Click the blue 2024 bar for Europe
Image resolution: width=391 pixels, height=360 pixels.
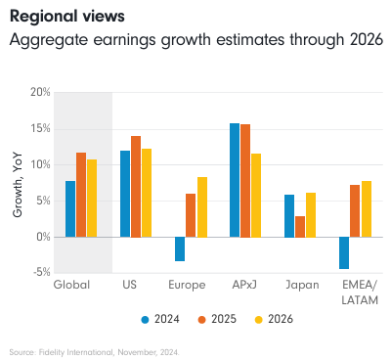180,248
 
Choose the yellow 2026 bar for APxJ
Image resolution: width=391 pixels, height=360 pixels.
256,195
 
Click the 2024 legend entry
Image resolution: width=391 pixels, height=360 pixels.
163,318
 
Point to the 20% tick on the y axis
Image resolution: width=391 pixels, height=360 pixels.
38,92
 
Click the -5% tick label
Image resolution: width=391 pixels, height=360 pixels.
38,273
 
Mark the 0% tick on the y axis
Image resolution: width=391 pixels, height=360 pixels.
41,237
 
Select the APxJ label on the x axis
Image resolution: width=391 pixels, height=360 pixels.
245,286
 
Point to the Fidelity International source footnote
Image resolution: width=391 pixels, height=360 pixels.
94,349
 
